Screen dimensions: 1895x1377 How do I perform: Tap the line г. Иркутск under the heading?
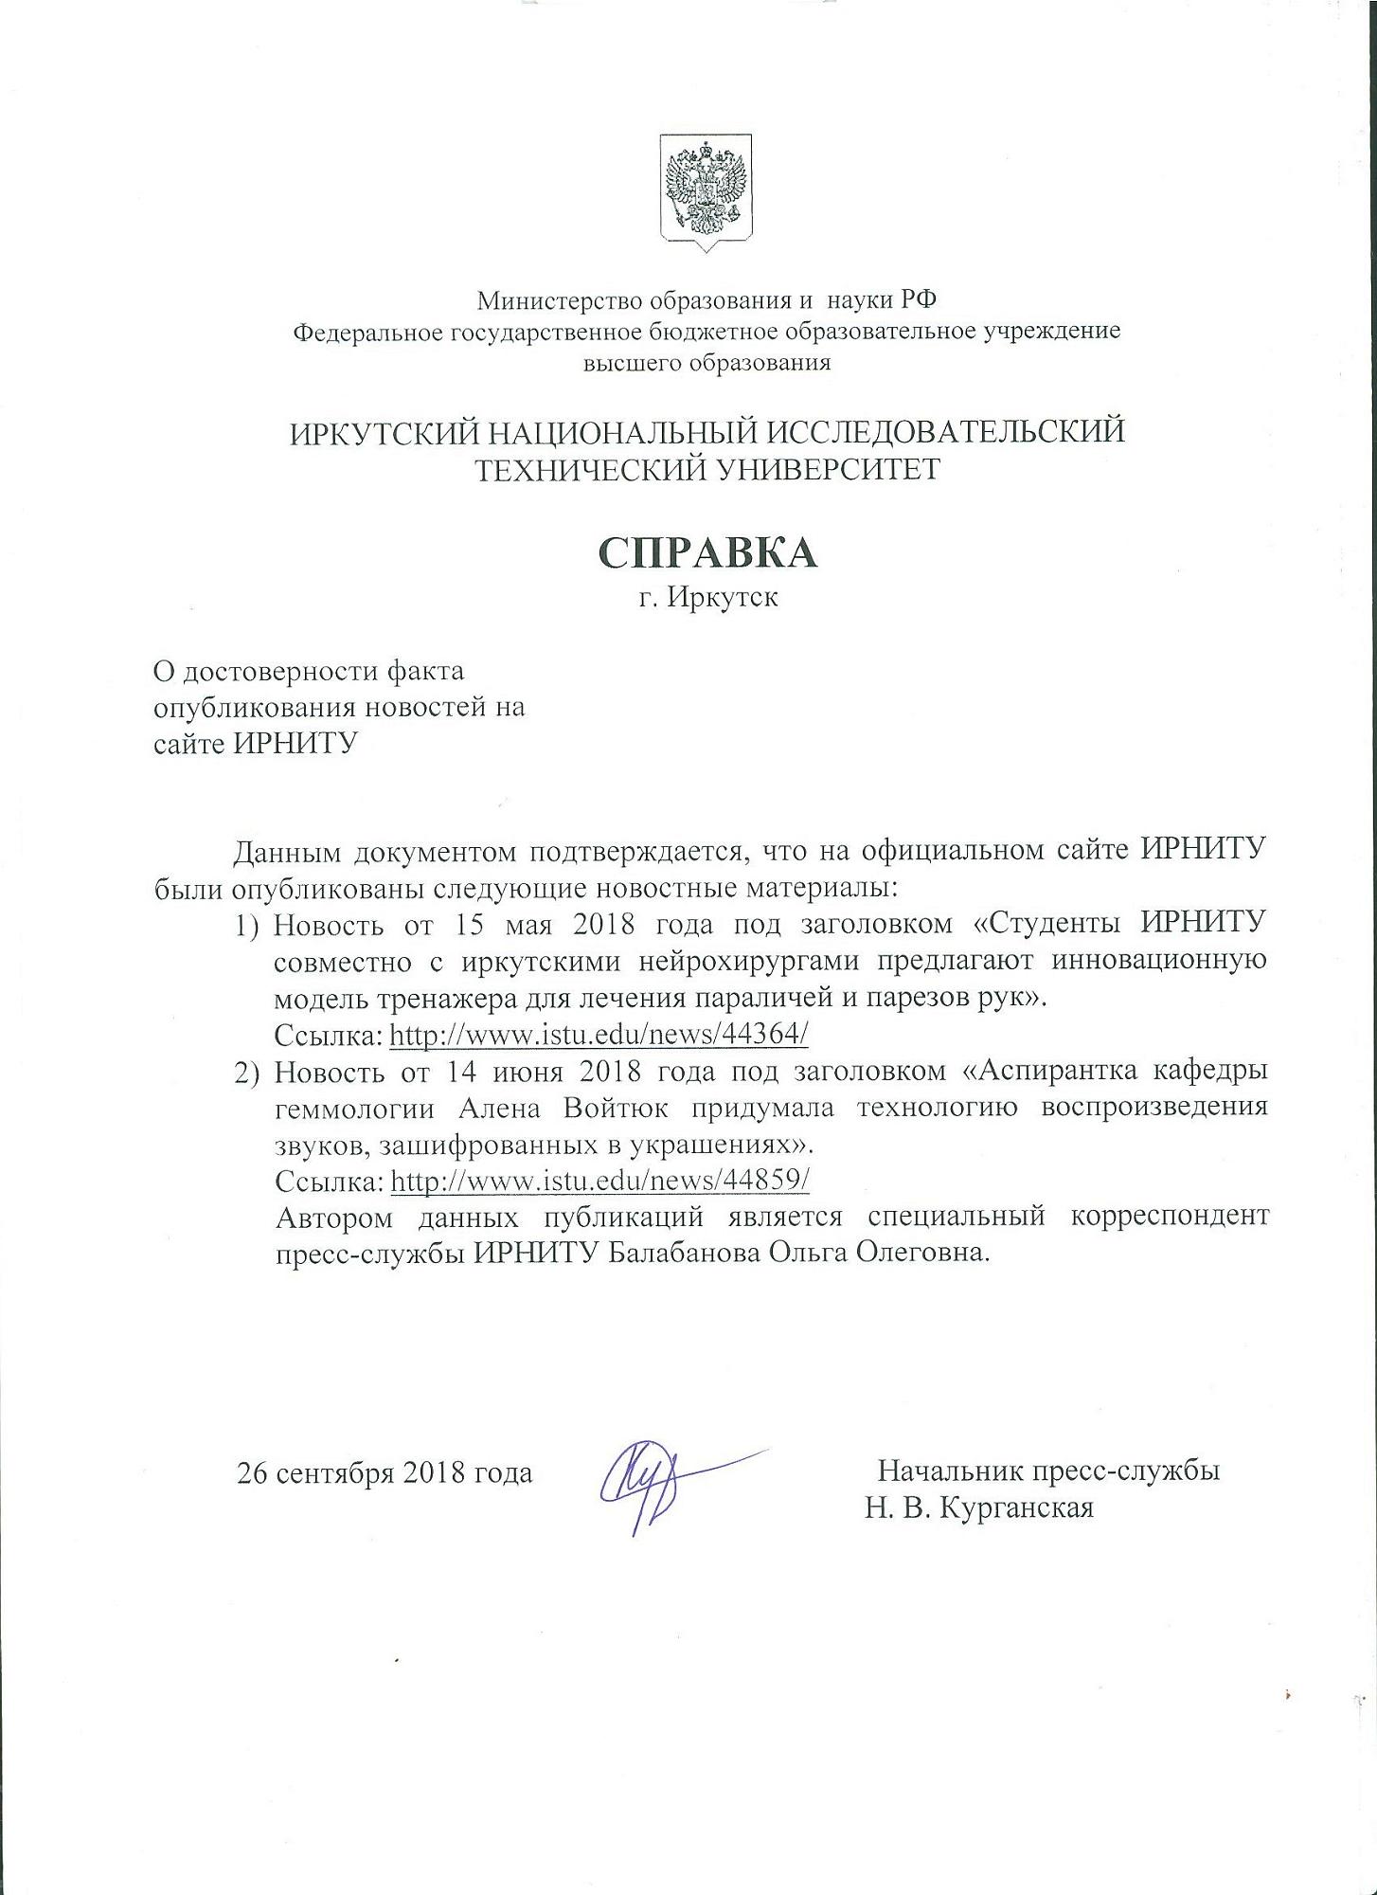[707, 599]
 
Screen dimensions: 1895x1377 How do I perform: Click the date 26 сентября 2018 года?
[384, 1473]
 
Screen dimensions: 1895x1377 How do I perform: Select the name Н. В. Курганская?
[978, 1507]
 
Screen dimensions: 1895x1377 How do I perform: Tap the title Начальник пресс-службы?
[1048, 1471]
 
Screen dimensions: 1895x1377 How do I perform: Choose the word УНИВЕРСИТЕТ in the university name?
[823, 470]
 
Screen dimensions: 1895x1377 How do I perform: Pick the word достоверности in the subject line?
[280, 672]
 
